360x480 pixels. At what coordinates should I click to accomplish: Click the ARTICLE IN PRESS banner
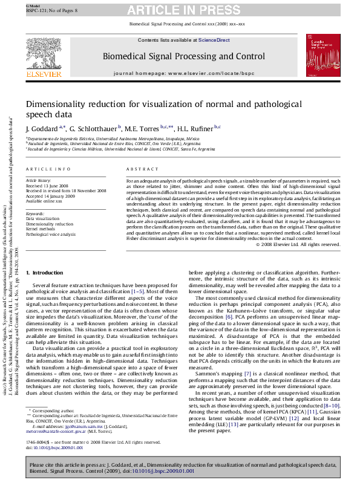[186, 10]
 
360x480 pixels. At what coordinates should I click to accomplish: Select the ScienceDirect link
[214, 40]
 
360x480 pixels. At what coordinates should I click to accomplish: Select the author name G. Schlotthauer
[94, 129]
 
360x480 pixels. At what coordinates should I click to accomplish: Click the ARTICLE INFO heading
[48, 169]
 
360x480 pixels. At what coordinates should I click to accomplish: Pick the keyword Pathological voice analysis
[51, 234]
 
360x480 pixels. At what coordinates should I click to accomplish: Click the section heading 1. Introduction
[48, 273]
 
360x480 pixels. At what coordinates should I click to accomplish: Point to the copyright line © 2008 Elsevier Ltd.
[298, 245]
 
